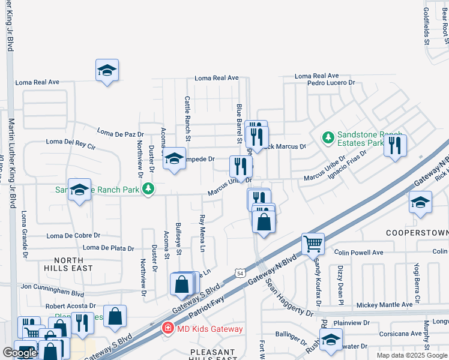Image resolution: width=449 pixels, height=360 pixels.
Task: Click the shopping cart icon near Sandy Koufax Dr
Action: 313,244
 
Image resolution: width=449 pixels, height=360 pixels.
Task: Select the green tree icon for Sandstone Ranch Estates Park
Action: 328,139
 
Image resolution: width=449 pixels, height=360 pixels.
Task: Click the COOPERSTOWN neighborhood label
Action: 417,232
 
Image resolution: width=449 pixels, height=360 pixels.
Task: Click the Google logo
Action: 20,353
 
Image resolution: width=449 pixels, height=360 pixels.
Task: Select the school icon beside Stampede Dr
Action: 174,158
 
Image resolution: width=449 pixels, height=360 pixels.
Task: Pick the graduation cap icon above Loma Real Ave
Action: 107,70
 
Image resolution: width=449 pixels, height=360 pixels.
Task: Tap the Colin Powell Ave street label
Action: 359,253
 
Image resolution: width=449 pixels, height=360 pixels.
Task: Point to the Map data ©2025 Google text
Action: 412,355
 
